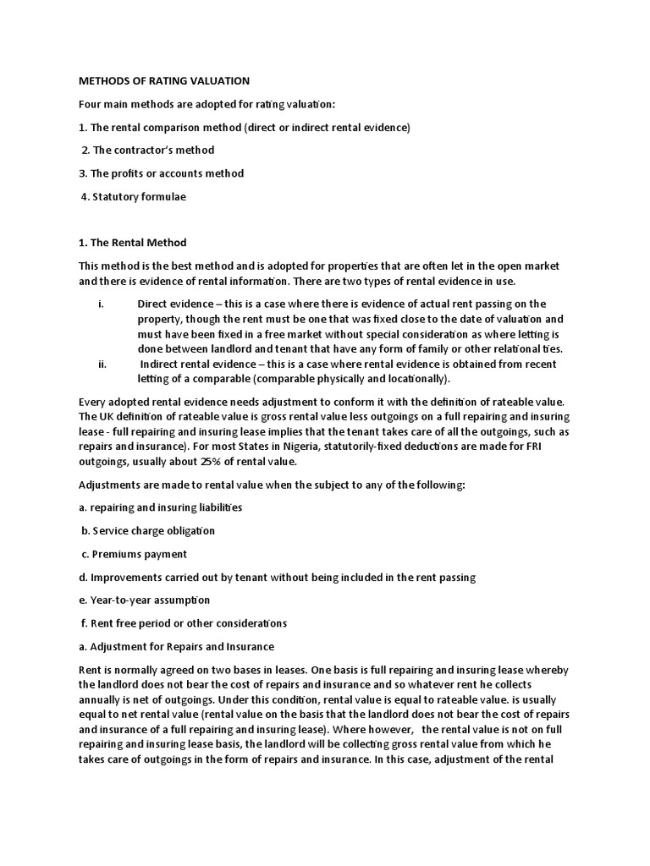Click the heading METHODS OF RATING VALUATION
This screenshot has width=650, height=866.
coord(163,81)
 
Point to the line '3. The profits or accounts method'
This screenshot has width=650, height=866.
coord(161,173)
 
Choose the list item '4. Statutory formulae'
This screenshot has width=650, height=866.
coord(133,196)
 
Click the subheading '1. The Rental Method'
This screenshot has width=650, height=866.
coord(132,243)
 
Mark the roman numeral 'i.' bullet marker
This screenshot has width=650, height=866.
coord(101,304)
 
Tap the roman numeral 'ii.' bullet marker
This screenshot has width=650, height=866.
coord(102,364)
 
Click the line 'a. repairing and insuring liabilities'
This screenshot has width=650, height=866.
coord(160,507)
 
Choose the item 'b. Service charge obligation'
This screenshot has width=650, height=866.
coord(148,531)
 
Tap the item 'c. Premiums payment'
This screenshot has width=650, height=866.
coord(134,554)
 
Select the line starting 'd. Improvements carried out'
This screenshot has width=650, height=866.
coord(277,578)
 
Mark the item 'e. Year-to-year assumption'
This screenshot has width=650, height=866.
coord(144,600)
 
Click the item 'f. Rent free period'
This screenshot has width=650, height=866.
coord(184,623)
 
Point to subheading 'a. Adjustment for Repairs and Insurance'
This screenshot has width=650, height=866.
coord(176,647)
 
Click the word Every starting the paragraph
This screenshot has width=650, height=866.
coord(93,402)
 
